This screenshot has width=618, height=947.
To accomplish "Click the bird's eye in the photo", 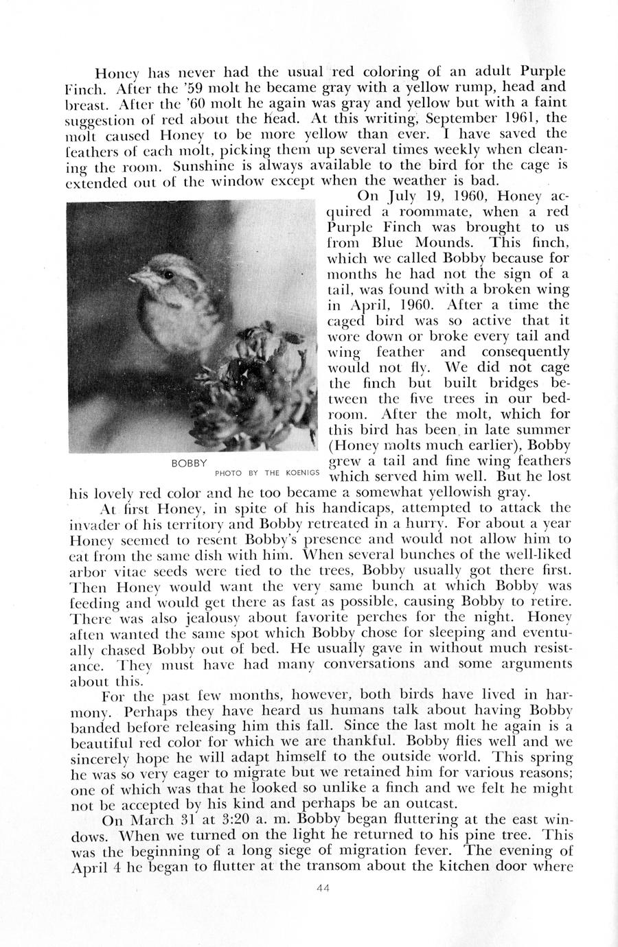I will (168, 274).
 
